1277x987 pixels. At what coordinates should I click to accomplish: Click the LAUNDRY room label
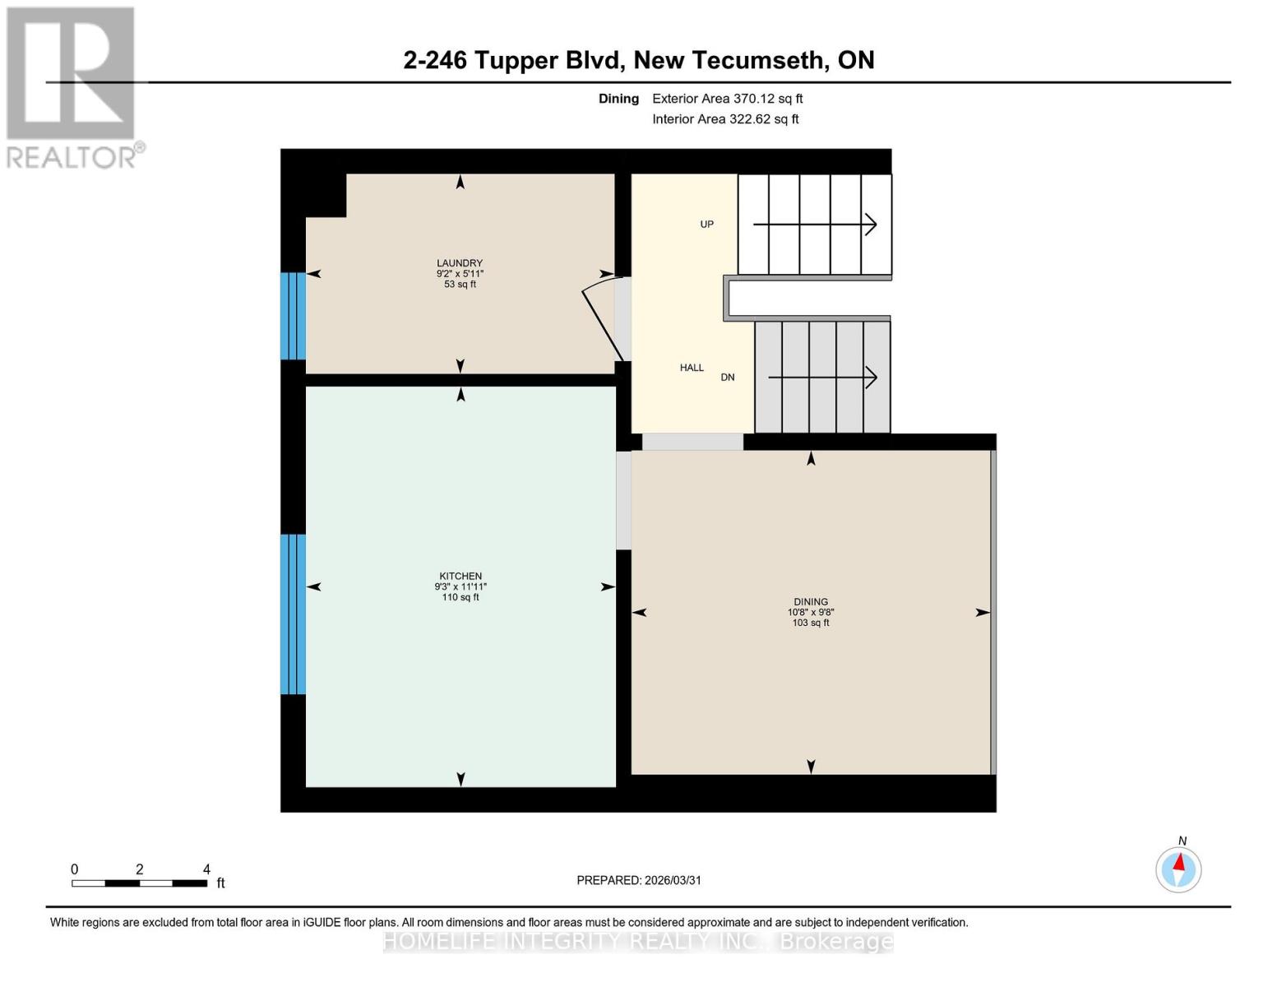coord(460,263)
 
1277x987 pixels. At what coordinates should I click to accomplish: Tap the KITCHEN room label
coord(460,576)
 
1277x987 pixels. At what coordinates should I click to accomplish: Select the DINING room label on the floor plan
coord(811,601)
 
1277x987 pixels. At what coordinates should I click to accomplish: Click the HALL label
coord(692,368)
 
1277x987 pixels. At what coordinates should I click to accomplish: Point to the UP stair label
coord(706,224)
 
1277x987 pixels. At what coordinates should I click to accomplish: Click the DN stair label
coord(728,378)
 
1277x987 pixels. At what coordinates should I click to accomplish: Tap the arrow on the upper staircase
coord(815,224)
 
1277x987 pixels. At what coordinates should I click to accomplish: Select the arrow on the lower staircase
coord(822,378)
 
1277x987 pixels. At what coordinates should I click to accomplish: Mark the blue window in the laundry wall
coord(294,316)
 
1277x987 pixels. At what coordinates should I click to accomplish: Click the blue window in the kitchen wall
coord(294,614)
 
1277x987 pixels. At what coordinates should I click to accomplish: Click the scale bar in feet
coord(139,883)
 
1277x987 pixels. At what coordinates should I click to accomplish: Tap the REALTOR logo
coord(72,87)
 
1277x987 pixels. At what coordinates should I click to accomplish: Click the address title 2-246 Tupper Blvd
coord(638,60)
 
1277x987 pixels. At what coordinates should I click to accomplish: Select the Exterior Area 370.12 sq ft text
coord(727,99)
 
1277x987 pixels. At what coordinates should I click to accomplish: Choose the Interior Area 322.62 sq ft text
coord(725,119)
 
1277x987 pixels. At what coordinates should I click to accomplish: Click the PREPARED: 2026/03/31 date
coord(639,880)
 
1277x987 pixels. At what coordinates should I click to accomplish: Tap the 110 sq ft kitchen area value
coord(460,597)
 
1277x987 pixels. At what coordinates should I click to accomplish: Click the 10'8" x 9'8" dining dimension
coord(811,612)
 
